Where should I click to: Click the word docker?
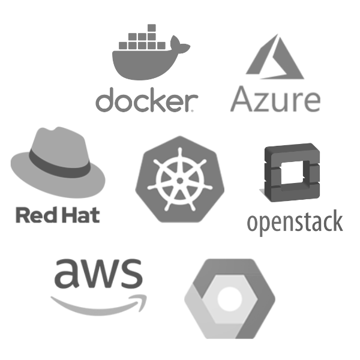pyautogui.click(x=144, y=101)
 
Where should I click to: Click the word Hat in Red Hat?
pyautogui.click(x=76, y=214)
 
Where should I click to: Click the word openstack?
pyautogui.click(x=295, y=221)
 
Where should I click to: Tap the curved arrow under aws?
pyautogui.click(x=99, y=304)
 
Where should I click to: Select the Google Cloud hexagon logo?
pyautogui.click(x=229, y=297)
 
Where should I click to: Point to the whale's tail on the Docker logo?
pyautogui.click(x=181, y=44)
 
